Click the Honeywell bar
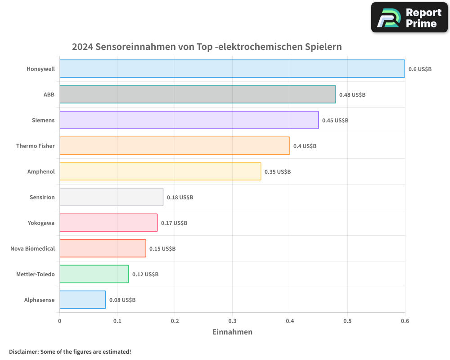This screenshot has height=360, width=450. point(232,69)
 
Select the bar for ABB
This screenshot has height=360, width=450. point(198,94)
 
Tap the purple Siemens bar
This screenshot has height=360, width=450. point(189,120)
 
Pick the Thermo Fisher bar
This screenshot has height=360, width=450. point(175,146)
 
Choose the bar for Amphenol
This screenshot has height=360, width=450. point(160,171)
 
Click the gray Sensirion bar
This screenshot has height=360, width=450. point(111,197)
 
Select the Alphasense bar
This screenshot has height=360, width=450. point(82,300)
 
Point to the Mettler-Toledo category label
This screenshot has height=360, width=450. point(35,274)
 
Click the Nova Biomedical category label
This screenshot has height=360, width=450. point(32,248)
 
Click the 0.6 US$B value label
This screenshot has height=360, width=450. point(420,69)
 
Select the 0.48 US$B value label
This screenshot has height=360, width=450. point(352,95)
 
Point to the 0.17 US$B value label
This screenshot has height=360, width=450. point(174,223)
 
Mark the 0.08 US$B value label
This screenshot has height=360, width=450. point(122,300)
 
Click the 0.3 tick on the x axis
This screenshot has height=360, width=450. point(232,321)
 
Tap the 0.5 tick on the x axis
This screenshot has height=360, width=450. point(347,321)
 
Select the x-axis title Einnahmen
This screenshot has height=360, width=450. point(232,332)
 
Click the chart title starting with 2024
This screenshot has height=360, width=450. point(207,47)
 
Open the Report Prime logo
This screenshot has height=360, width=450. point(409,18)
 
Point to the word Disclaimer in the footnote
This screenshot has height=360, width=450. point(23,351)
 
